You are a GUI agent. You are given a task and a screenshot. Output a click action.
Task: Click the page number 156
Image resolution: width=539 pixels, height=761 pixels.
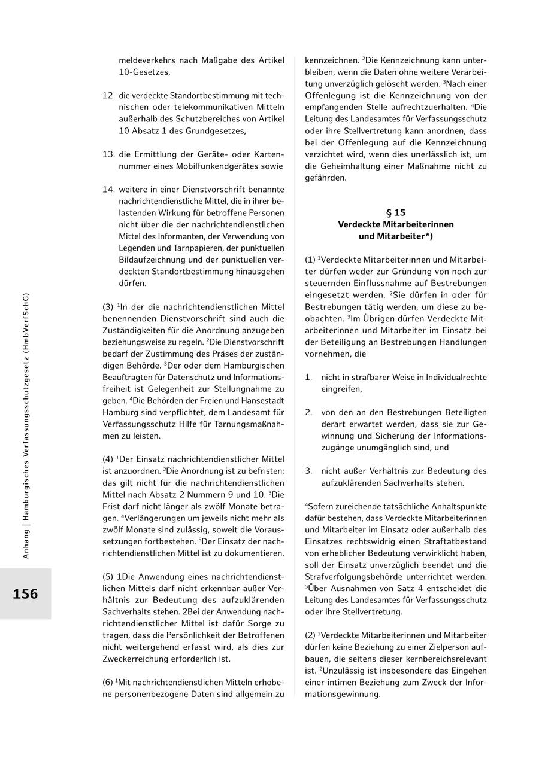coord(25,594)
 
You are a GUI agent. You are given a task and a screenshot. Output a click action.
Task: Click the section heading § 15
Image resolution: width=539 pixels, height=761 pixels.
coord(396,212)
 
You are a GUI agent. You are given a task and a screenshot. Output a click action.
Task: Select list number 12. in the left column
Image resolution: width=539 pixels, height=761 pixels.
coord(108,95)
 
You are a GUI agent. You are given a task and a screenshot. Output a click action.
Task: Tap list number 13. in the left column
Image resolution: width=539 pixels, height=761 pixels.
coord(108,154)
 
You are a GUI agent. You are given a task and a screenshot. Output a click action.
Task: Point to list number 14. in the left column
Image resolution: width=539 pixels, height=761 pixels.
coord(108,189)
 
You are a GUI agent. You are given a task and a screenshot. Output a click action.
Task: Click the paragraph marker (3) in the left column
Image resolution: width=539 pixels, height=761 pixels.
coord(108,307)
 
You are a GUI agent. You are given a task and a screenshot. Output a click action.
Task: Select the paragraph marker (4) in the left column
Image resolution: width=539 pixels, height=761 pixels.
coord(108,459)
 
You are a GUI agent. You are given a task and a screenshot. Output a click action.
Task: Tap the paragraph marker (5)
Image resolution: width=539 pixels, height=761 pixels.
coord(108,577)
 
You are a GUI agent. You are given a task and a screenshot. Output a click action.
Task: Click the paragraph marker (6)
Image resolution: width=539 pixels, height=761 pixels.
coord(108,682)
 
